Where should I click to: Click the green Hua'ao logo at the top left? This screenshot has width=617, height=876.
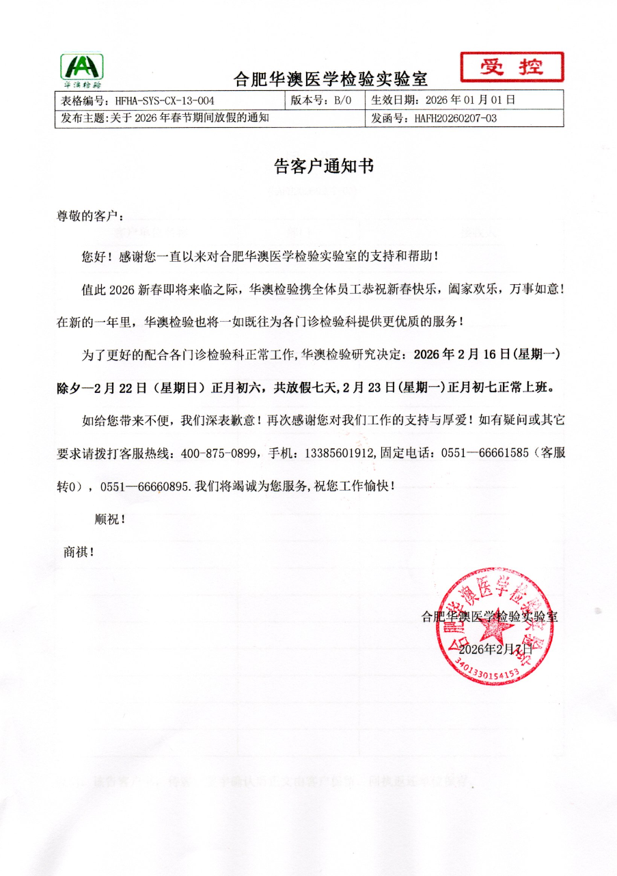pos(83,70)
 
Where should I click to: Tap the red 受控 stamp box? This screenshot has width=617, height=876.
pos(512,68)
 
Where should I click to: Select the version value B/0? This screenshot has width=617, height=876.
pos(342,100)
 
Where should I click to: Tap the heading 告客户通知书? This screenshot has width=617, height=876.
pos(314,166)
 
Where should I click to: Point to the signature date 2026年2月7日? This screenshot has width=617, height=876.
pos(495,648)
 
